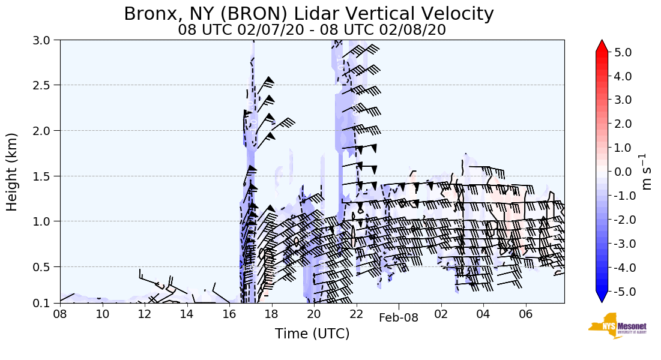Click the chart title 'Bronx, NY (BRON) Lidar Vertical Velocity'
pos(309,14)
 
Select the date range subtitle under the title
pos(312,30)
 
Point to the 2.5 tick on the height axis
pos(44,85)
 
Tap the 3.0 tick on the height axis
pos(44,40)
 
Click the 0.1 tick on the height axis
pos(44,303)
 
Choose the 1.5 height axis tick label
pos(44,176)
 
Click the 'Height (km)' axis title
pos(13,172)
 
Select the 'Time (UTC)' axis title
pos(312,334)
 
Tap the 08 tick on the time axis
pos(60,314)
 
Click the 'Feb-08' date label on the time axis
pos(398,318)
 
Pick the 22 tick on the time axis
pos(357,314)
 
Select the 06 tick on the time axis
pos(526,314)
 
